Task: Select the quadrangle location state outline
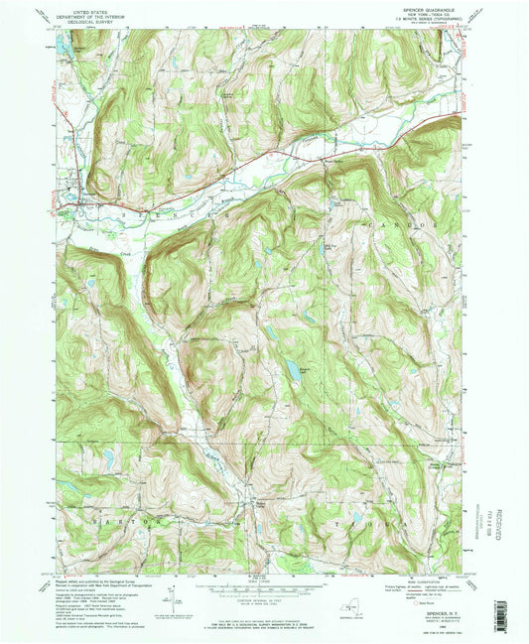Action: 359,599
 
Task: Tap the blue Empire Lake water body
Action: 293,371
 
